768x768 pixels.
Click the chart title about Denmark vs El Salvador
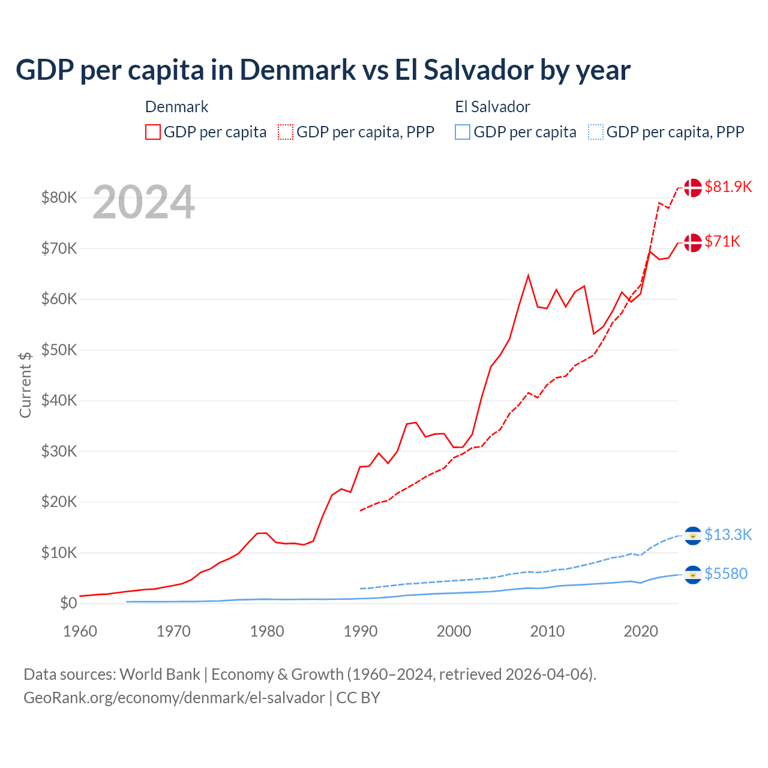[x=323, y=70]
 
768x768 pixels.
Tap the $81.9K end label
[x=728, y=187]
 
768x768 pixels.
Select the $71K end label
[x=722, y=241]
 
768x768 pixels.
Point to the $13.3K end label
[x=728, y=535]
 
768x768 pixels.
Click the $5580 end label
[x=726, y=574]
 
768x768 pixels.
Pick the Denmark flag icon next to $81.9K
[x=693, y=187]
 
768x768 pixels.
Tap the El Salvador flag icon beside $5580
[x=693, y=575]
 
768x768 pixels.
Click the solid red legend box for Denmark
[x=153, y=132]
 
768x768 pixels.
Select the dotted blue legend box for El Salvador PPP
[x=596, y=132]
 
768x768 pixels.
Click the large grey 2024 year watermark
[x=143, y=203]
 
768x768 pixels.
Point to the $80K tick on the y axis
[x=59, y=197]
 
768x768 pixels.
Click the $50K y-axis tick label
[x=59, y=350]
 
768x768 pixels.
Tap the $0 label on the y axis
[x=68, y=603]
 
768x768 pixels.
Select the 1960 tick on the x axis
[x=80, y=631]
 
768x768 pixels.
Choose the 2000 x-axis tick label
[x=454, y=631]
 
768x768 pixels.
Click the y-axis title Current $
[x=25, y=385]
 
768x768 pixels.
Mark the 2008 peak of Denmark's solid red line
[x=528, y=275]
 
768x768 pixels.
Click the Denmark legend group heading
[x=176, y=107]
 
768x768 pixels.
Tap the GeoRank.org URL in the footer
[x=174, y=698]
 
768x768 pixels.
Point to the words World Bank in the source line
[x=160, y=674]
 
